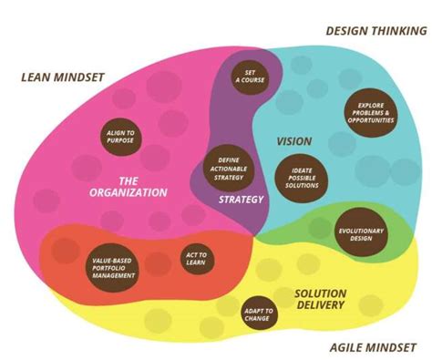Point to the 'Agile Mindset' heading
tap(370, 347)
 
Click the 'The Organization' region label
tap(129, 187)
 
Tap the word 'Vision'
tap(294, 141)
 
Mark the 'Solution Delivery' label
tap(319, 299)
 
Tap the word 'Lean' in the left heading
tap(38, 76)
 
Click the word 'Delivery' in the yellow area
tap(319, 305)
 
